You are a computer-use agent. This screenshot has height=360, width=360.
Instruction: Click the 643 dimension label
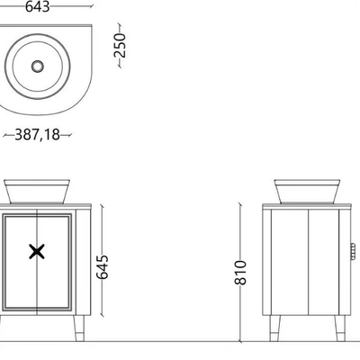tap(37, 6)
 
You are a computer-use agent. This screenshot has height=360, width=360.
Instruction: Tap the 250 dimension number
tap(120, 45)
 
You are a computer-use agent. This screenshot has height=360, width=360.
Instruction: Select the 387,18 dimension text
tap(38, 135)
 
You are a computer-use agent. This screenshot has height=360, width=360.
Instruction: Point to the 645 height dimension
tap(103, 267)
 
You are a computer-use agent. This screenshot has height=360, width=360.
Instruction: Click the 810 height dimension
tap(240, 273)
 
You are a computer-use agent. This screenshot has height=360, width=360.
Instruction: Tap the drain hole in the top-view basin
tap(38, 67)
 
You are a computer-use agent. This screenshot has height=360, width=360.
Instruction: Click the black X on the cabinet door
tap(37, 251)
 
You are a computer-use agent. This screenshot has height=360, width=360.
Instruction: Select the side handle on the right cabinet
tap(353, 251)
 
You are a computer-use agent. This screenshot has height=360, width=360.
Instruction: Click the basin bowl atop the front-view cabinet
tap(37, 192)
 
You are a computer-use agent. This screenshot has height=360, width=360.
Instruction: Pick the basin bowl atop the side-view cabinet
tap(307, 192)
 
